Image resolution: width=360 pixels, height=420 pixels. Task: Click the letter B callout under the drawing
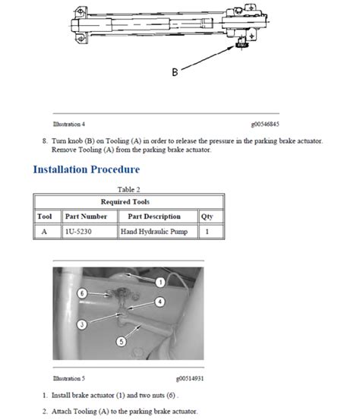[175, 72]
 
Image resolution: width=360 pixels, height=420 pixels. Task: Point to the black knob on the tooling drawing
[242, 45]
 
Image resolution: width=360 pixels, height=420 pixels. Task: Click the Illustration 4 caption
[69, 124]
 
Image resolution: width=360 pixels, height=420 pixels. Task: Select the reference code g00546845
[265, 124]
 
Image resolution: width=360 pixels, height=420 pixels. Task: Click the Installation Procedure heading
[87, 169]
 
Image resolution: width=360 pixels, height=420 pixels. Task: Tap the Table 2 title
[128, 189]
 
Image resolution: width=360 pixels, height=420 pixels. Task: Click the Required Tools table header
[125, 202]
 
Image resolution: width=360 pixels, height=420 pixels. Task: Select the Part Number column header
[86, 216]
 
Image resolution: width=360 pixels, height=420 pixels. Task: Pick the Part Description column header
[154, 216]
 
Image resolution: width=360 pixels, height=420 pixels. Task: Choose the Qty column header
[207, 216]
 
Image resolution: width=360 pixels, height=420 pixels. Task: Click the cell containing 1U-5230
[90, 231]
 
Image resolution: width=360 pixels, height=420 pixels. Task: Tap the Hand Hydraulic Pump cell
[158, 231]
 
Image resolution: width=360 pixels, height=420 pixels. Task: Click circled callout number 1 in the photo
[160, 282]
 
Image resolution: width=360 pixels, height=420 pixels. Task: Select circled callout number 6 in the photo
[82, 293]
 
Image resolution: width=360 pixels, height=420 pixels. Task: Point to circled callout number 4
[160, 302]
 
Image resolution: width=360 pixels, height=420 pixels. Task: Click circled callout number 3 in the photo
[82, 324]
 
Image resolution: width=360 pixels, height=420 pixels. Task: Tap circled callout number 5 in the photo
[121, 342]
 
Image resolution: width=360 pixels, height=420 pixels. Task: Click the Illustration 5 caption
[69, 378]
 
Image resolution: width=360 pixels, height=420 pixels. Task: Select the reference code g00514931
[190, 378]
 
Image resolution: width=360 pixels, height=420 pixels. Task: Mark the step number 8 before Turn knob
[45, 141]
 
